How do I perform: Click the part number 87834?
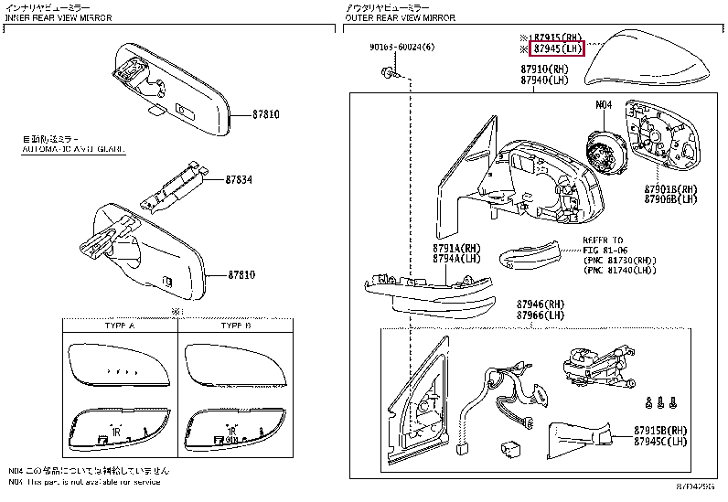click(241, 179)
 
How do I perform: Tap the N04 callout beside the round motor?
click(603, 106)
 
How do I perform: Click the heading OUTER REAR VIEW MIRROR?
click(399, 17)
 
